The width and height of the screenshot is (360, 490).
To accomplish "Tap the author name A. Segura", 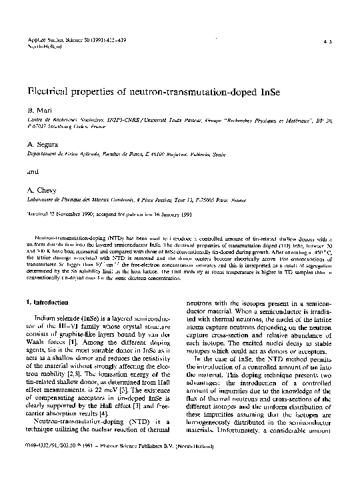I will coord(41,143).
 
